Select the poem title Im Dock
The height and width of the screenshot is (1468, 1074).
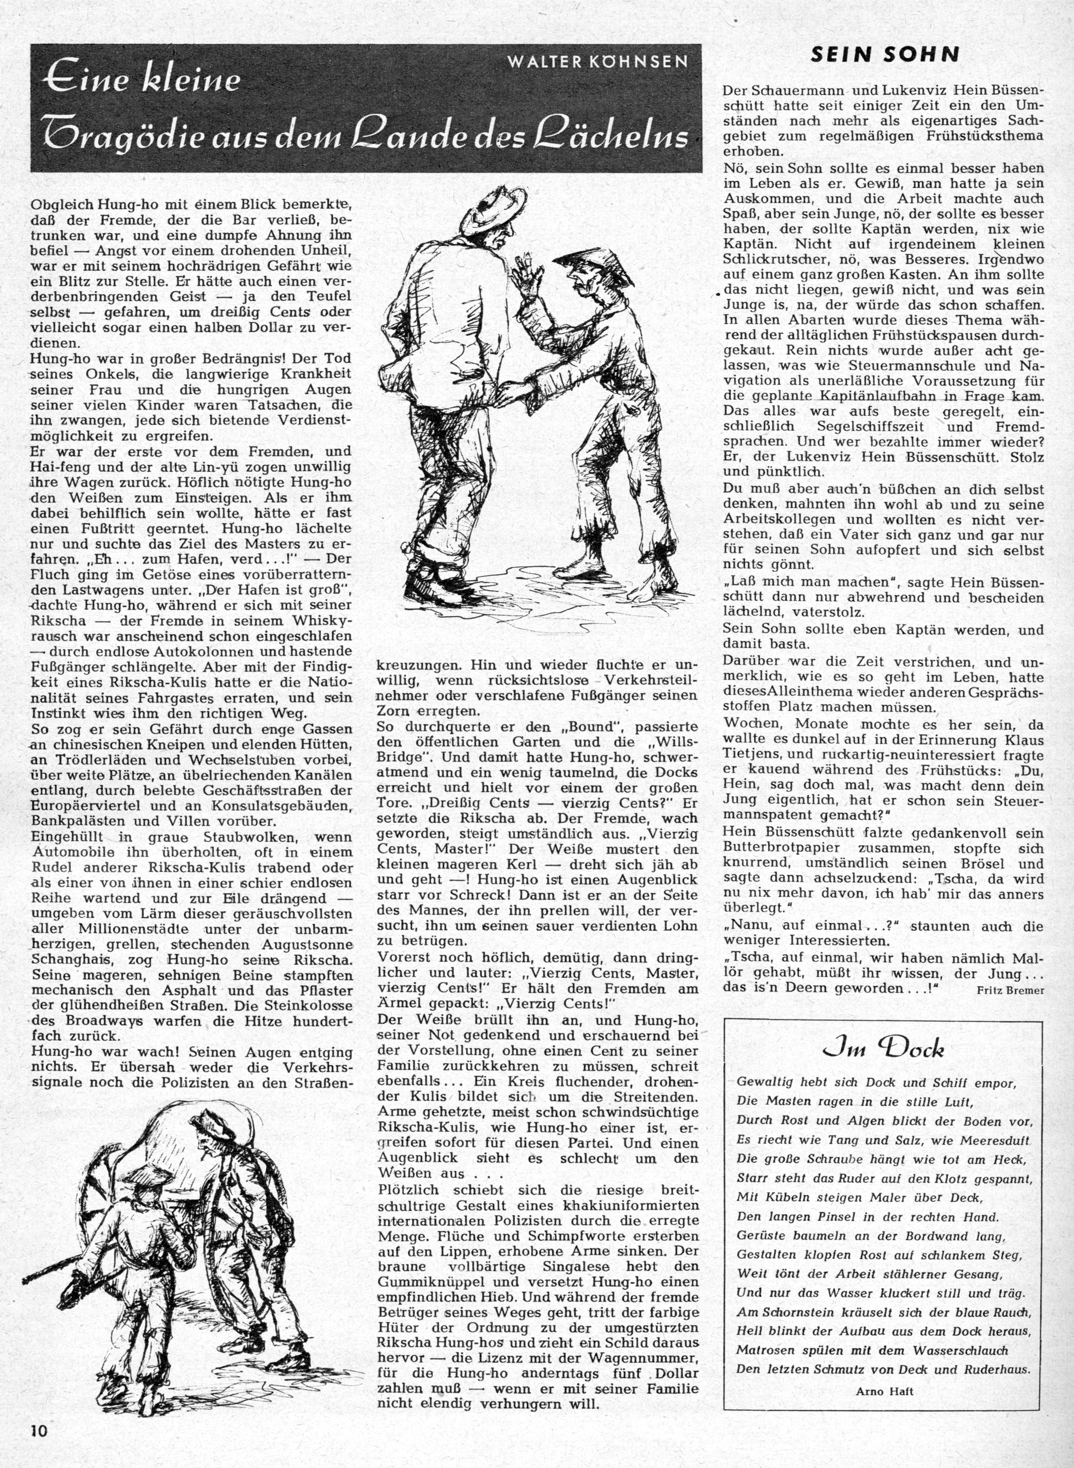pyautogui.click(x=884, y=1051)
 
